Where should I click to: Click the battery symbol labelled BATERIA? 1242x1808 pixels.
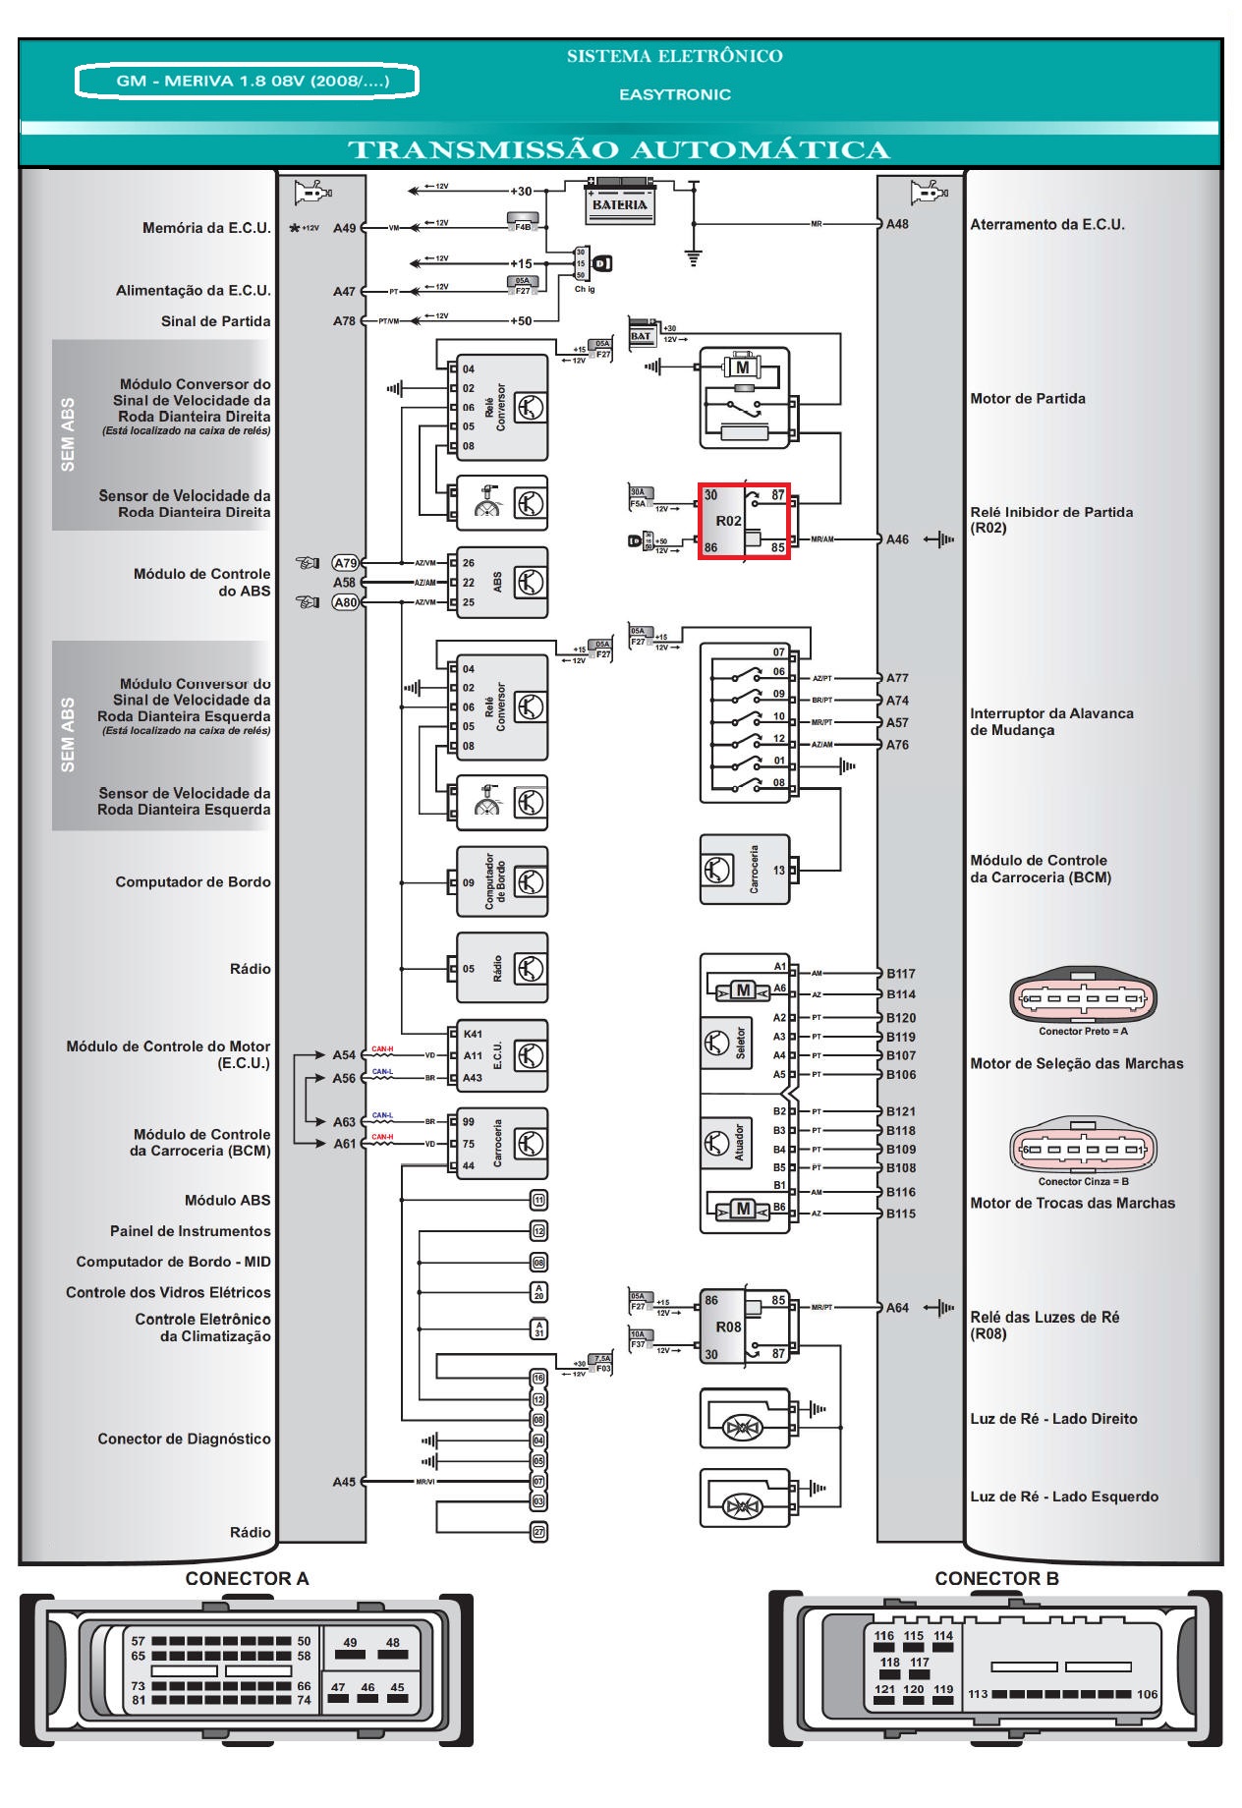619,199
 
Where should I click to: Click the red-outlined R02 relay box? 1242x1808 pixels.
744,522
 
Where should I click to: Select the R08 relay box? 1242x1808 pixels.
744,1327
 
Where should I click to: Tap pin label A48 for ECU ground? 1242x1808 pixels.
897,224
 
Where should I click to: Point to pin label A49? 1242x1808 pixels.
344,228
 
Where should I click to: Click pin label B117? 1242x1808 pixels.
900,974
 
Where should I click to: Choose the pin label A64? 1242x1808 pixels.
897,1308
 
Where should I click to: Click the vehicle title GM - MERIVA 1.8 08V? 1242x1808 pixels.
248,81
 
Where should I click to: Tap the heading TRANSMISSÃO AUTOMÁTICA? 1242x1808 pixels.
619,150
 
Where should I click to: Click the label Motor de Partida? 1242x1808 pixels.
1028,399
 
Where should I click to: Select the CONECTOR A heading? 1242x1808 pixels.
247,1578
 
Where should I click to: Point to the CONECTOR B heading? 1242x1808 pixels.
996,1578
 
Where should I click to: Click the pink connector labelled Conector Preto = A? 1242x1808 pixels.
1084,999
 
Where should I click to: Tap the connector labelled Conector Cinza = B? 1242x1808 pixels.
1084,1149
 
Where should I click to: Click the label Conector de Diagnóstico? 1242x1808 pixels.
184,1440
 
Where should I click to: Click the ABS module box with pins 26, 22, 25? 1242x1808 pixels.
501,583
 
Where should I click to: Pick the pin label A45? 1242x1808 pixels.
344,1482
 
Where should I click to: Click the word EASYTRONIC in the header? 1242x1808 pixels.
675,94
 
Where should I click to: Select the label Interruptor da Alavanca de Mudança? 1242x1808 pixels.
1051,722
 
